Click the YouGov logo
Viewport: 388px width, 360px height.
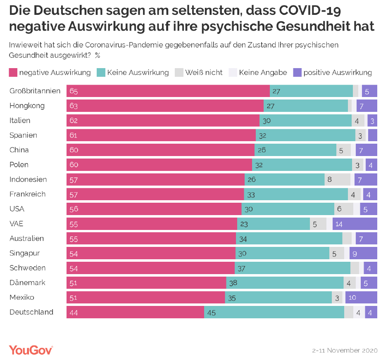coord(31,350)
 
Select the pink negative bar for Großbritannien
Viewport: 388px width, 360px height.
coord(168,91)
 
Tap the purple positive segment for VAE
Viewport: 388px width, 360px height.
coord(355,224)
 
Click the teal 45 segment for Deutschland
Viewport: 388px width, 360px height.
coord(274,313)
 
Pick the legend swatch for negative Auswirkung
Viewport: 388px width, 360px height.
coord(13,73)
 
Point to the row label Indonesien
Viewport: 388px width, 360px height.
coord(28,180)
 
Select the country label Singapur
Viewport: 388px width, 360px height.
coord(25,253)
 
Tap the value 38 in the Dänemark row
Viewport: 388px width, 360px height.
coord(233,283)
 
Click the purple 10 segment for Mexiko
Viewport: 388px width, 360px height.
coord(361,298)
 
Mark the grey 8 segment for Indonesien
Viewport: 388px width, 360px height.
coord(337,180)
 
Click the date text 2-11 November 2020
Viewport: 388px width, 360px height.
coord(345,351)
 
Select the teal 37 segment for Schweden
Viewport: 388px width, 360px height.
coord(292,268)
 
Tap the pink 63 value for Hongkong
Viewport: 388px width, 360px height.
coord(74,106)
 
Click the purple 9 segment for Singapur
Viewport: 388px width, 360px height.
coord(363,253)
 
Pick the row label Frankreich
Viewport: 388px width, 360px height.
coord(27,194)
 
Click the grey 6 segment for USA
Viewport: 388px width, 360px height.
coord(343,209)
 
